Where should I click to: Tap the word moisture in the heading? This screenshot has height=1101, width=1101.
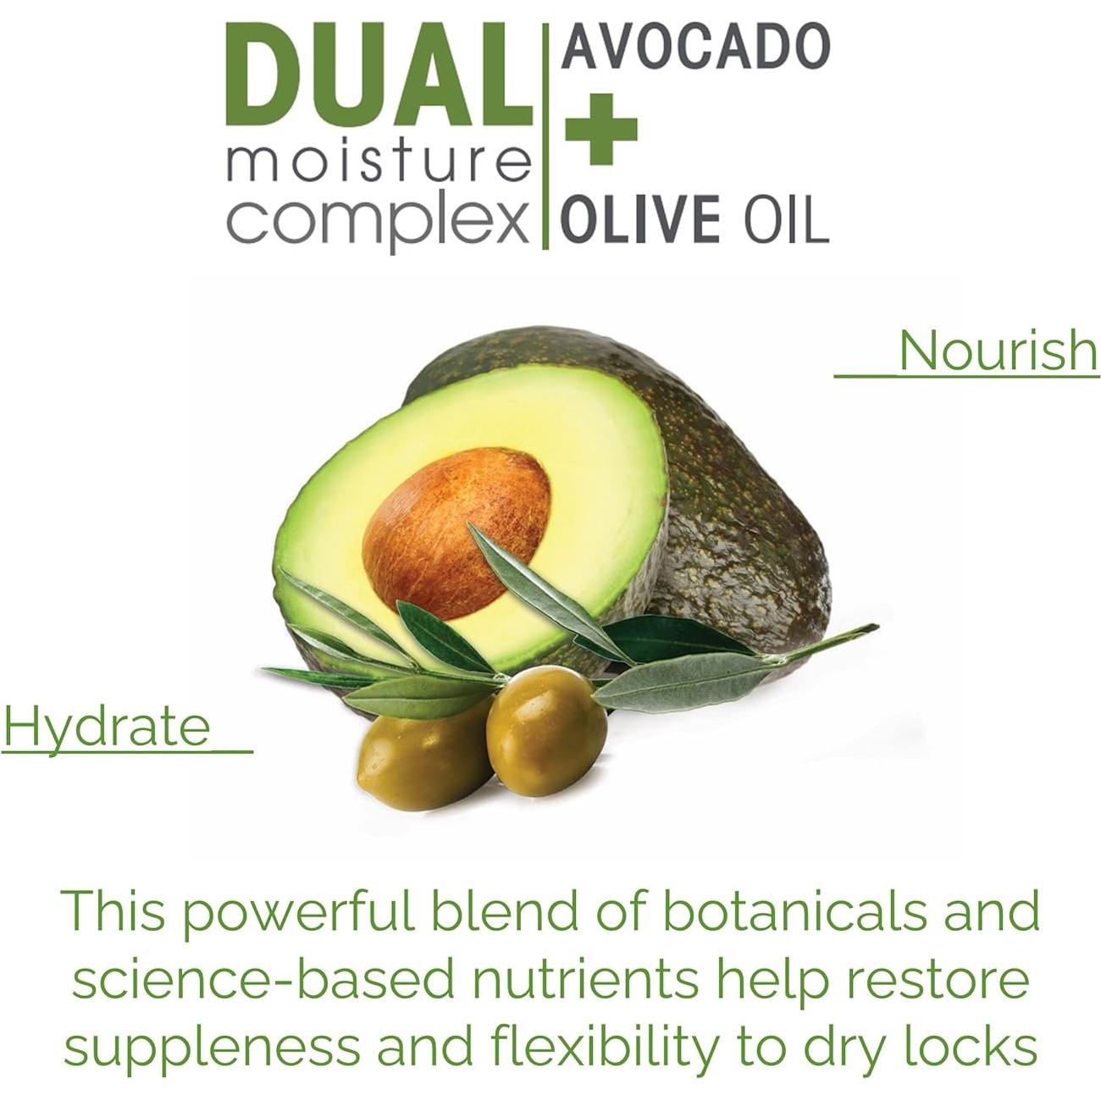378,163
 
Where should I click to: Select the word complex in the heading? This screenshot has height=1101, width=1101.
378,220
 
